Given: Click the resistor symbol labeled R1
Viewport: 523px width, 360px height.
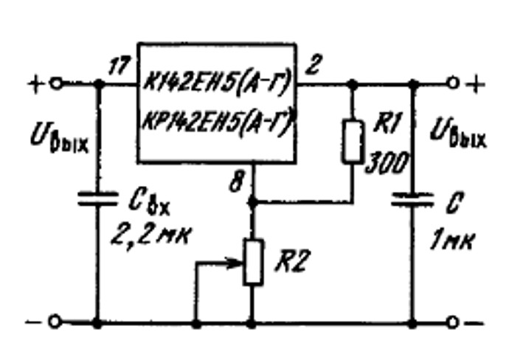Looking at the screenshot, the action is pos(353,142).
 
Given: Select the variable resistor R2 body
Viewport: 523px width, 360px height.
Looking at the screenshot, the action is pos(253,262).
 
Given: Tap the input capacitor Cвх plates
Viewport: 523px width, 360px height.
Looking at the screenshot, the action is pos(97,198).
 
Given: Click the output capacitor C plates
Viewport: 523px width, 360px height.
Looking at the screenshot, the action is pos(412,198).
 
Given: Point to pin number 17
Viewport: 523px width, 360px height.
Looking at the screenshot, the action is pos(120,66).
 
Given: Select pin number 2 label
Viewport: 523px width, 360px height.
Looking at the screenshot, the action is pos(313,65).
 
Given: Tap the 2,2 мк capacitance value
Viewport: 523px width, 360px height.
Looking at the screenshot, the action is pos(151,236).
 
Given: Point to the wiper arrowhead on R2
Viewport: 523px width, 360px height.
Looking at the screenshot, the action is pos(237,263).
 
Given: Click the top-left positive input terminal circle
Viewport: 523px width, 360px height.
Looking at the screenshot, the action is pos(57,83).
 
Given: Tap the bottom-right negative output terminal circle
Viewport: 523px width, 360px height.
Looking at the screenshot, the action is pos(453,322).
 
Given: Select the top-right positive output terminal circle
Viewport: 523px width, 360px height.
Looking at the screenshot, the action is pos(453,83).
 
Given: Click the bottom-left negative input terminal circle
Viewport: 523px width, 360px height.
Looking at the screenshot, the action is pos(55,322).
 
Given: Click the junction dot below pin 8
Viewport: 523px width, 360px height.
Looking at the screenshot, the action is pos(253,202).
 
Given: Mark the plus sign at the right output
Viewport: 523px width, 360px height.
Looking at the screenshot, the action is pos(476,83).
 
